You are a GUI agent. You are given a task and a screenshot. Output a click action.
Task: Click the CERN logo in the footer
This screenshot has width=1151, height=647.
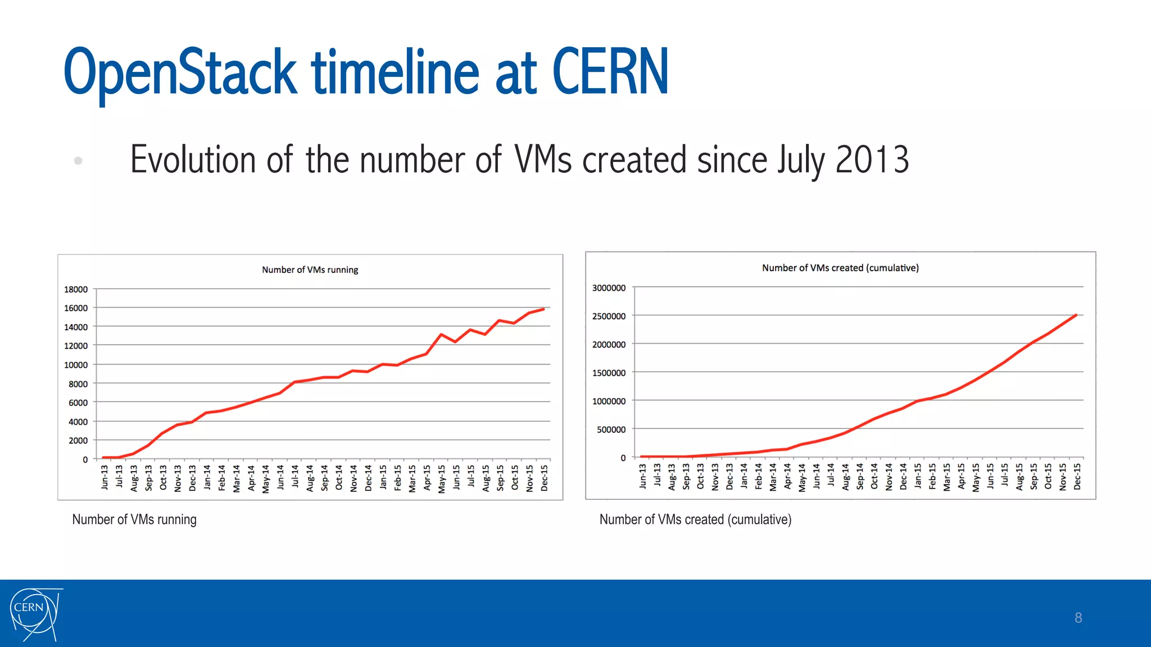pyautogui.click(x=35, y=614)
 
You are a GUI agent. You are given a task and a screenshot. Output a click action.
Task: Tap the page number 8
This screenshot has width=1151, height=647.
pyautogui.click(x=1078, y=618)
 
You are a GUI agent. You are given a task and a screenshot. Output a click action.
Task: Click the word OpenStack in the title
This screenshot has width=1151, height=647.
pyautogui.click(x=180, y=72)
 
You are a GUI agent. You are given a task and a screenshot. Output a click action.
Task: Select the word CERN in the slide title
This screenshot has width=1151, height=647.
pyautogui.click(x=610, y=72)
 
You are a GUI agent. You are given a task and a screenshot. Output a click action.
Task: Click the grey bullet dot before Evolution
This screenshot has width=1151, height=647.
pyautogui.click(x=78, y=161)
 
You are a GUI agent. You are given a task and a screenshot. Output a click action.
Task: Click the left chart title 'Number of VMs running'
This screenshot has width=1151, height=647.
pyautogui.click(x=310, y=270)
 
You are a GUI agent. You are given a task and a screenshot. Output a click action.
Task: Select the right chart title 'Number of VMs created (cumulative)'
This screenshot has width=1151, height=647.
pyautogui.click(x=840, y=268)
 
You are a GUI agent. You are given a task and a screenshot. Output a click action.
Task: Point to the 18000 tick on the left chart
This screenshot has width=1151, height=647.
pyautogui.click(x=76, y=289)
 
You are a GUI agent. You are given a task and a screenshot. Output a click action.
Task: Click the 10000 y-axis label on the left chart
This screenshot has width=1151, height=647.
pyautogui.click(x=76, y=365)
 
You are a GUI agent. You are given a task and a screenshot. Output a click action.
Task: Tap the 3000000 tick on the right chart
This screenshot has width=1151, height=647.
pyautogui.click(x=609, y=288)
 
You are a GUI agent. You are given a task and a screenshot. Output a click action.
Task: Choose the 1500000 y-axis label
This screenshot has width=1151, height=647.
pyautogui.click(x=609, y=373)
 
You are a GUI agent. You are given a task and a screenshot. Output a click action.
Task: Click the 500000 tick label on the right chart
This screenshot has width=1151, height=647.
pyautogui.click(x=611, y=430)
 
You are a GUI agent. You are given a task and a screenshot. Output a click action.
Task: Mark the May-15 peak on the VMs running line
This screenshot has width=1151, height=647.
pyautogui.click(x=442, y=334)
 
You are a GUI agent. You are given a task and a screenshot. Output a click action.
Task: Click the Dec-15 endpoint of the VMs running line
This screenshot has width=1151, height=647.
pyautogui.click(x=543, y=309)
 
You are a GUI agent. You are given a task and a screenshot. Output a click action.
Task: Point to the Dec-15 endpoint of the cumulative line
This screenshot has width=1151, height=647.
pyautogui.click(x=1076, y=315)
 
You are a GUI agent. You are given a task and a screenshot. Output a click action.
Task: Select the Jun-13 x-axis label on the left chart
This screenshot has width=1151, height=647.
pyautogui.click(x=105, y=477)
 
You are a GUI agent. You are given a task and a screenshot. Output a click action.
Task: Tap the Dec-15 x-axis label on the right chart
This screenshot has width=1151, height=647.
pyautogui.click(x=1077, y=476)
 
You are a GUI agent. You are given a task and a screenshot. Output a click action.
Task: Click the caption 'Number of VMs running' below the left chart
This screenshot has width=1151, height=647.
pyautogui.click(x=134, y=520)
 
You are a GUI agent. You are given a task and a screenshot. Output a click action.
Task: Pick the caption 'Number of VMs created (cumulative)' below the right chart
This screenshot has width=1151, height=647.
pyautogui.click(x=695, y=520)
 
